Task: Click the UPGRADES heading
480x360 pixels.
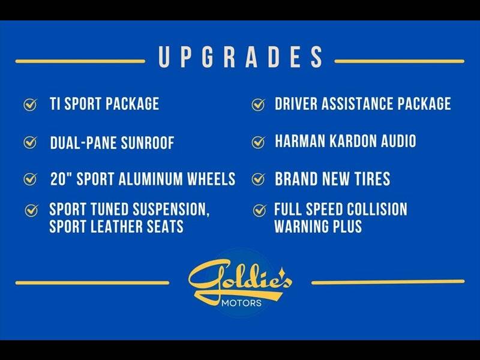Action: [241, 57]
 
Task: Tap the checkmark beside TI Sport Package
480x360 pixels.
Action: [31, 104]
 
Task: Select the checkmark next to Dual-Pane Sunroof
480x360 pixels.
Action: [31, 142]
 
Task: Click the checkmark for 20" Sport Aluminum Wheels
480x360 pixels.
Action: [31, 179]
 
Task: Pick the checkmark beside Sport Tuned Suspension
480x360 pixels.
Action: [31, 211]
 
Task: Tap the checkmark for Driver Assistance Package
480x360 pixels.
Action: [259, 104]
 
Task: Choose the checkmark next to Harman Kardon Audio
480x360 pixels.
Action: [259, 142]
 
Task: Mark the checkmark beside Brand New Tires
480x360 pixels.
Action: [259, 179]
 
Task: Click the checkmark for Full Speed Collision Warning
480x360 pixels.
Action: [259, 211]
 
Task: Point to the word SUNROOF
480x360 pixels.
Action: [148, 143]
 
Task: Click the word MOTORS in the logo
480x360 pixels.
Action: [242, 303]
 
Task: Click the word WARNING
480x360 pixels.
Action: [301, 227]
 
